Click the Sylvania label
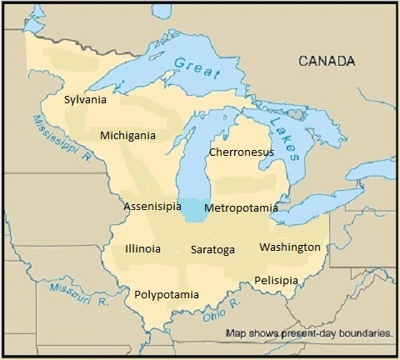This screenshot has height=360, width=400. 86,101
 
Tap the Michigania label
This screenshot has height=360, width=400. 127,135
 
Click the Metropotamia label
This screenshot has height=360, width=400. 241,207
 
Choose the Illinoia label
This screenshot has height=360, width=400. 142,248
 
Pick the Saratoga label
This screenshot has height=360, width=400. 212,249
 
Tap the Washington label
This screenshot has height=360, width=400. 289,247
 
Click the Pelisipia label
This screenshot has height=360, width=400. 276,280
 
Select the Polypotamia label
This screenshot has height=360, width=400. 167,294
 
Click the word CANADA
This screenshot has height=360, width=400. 327,62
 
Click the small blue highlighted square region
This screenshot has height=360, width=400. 193,211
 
